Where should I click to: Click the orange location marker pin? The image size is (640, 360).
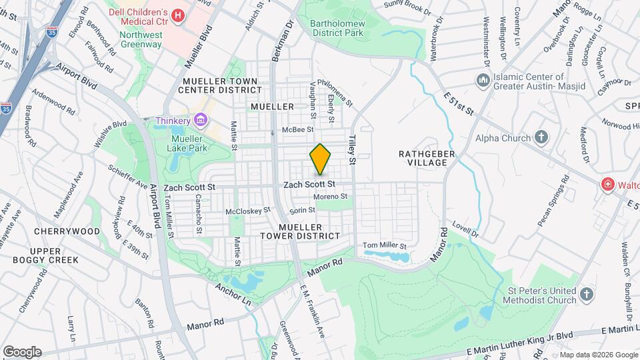click(x=321, y=159)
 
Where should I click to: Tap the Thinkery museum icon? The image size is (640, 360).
click(x=200, y=120)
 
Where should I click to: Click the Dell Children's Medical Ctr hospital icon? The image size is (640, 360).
click(x=178, y=15)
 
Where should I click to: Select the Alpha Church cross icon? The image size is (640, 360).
click(x=541, y=138)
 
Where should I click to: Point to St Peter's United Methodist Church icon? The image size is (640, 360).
click(x=586, y=294)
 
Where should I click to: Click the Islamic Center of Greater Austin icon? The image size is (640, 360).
click(x=483, y=80)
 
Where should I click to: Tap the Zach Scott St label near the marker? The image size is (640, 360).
click(x=308, y=184)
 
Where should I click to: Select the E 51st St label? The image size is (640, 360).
click(x=458, y=104)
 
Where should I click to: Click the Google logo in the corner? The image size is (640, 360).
click(x=21, y=351)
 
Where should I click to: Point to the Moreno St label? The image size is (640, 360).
click(x=331, y=197)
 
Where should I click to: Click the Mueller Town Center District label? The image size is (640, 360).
click(x=221, y=85)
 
